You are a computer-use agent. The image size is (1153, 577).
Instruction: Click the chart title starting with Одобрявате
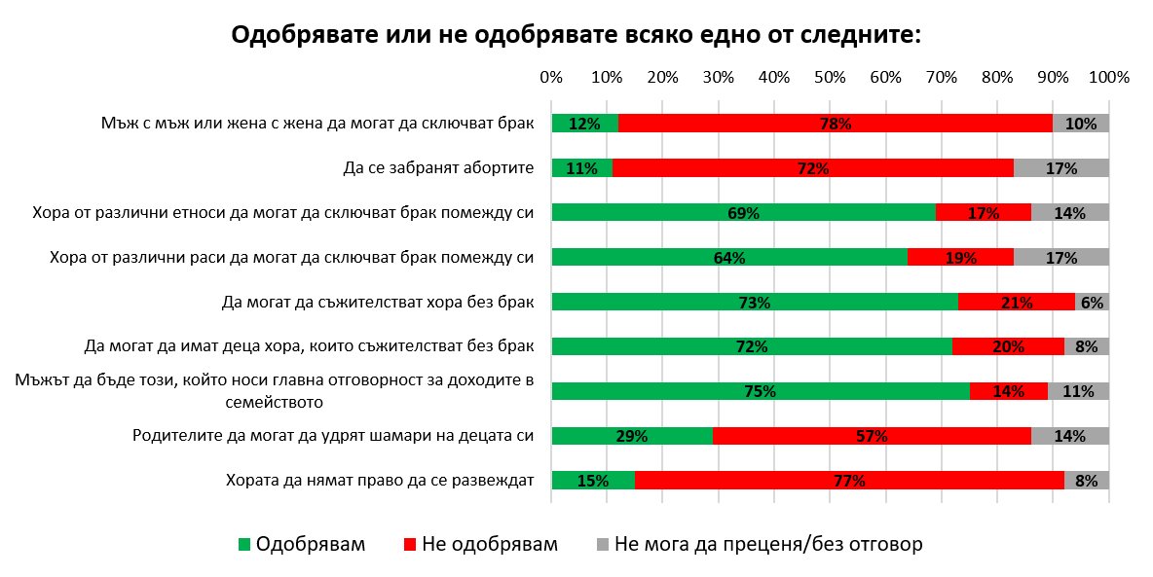[576, 35]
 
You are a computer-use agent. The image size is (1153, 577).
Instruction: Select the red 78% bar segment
[836, 124]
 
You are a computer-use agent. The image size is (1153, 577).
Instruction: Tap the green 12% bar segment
[585, 124]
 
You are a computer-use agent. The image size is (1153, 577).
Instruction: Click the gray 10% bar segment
[1081, 124]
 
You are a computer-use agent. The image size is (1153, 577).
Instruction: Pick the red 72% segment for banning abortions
[813, 168]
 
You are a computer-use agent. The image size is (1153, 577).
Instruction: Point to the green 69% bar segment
[743, 212]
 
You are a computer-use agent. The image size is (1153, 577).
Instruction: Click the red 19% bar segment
[961, 257]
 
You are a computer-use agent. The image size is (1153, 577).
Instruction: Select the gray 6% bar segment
[1092, 302]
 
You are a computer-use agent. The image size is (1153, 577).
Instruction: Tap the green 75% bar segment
[761, 391]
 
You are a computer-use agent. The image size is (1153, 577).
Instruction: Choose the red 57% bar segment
[873, 436]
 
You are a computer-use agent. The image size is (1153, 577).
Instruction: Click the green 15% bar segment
[593, 481]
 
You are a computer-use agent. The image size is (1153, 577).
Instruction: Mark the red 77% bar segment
[850, 481]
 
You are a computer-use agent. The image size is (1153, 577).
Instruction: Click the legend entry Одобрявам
[302, 545]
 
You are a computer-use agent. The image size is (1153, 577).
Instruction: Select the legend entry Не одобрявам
[481, 545]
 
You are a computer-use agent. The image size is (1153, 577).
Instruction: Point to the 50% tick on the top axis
[830, 77]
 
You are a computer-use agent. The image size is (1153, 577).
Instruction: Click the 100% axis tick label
[1109, 77]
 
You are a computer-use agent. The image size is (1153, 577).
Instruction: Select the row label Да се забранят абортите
[438, 168]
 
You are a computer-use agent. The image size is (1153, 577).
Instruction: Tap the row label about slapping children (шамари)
[333, 436]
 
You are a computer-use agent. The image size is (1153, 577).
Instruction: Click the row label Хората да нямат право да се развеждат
[380, 481]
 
